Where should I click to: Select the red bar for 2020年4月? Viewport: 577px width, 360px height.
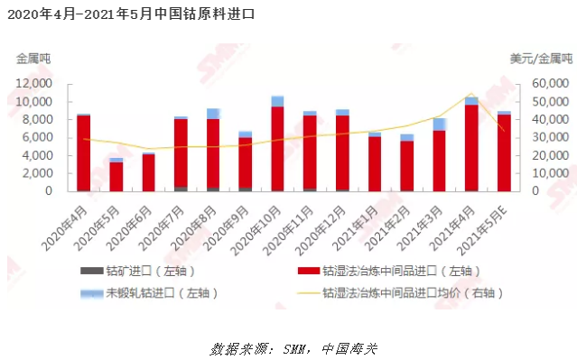point(83,153)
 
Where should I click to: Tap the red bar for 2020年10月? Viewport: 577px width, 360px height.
point(277,149)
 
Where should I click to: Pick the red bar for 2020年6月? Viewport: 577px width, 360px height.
point(148,172)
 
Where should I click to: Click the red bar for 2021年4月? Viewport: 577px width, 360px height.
point(471,148)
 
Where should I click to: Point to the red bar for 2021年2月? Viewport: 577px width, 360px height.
point(407,166)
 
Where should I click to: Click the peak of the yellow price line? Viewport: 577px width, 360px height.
point(471,93)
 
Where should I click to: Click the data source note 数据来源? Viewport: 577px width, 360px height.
point(288,347)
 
